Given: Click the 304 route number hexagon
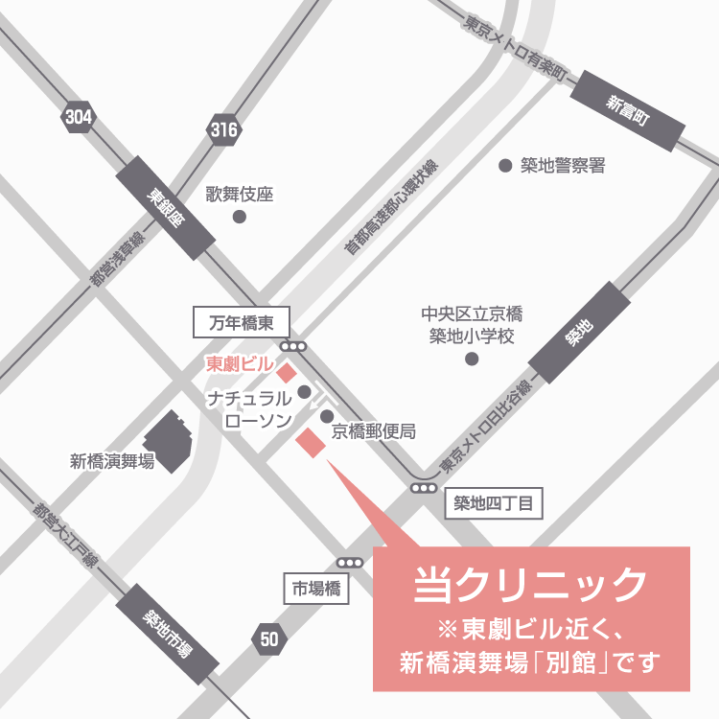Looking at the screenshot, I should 79,117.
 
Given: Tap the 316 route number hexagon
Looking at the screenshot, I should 223,129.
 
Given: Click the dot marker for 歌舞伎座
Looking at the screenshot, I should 240,217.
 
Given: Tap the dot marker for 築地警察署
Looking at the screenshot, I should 505,166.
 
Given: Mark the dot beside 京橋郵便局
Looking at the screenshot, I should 326,416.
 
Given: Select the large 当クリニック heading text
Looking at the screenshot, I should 531,585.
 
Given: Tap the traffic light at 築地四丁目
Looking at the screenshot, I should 424,488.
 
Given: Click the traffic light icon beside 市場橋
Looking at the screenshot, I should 351,564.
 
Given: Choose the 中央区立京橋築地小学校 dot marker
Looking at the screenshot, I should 471,359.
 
